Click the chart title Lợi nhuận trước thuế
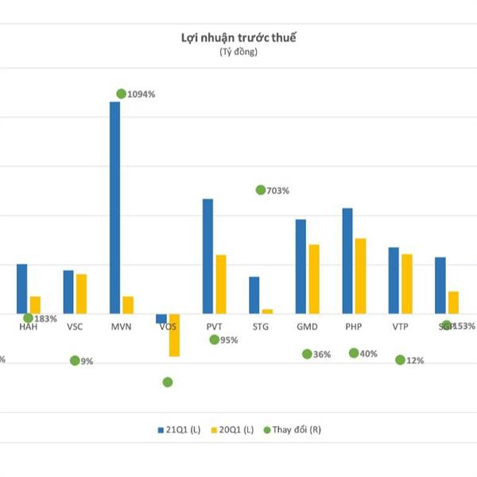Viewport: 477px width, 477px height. point(238,37)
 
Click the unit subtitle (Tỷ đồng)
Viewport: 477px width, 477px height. point(238,52)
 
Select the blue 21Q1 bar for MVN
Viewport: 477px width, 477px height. point(115,207)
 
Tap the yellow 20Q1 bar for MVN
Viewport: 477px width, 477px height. point(128,304)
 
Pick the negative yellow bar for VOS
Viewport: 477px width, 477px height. point(174,335)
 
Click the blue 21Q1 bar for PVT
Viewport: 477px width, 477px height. point(207,256)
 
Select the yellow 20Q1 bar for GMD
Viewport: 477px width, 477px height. point(314,279)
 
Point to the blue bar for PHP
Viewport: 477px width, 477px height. point(347,261)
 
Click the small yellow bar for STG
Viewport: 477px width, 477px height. point(267,311)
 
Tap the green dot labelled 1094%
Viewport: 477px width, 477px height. point(121,94)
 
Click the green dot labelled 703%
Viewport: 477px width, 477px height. point(261,190)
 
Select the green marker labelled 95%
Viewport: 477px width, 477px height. point(215,339)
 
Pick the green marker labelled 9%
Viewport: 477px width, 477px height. point(75,360)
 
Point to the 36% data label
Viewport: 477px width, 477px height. point(322,355)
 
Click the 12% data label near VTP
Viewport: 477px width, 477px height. point(415,360)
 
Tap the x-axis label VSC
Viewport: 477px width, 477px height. point(75,327)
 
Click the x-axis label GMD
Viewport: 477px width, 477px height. point(307,327)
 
